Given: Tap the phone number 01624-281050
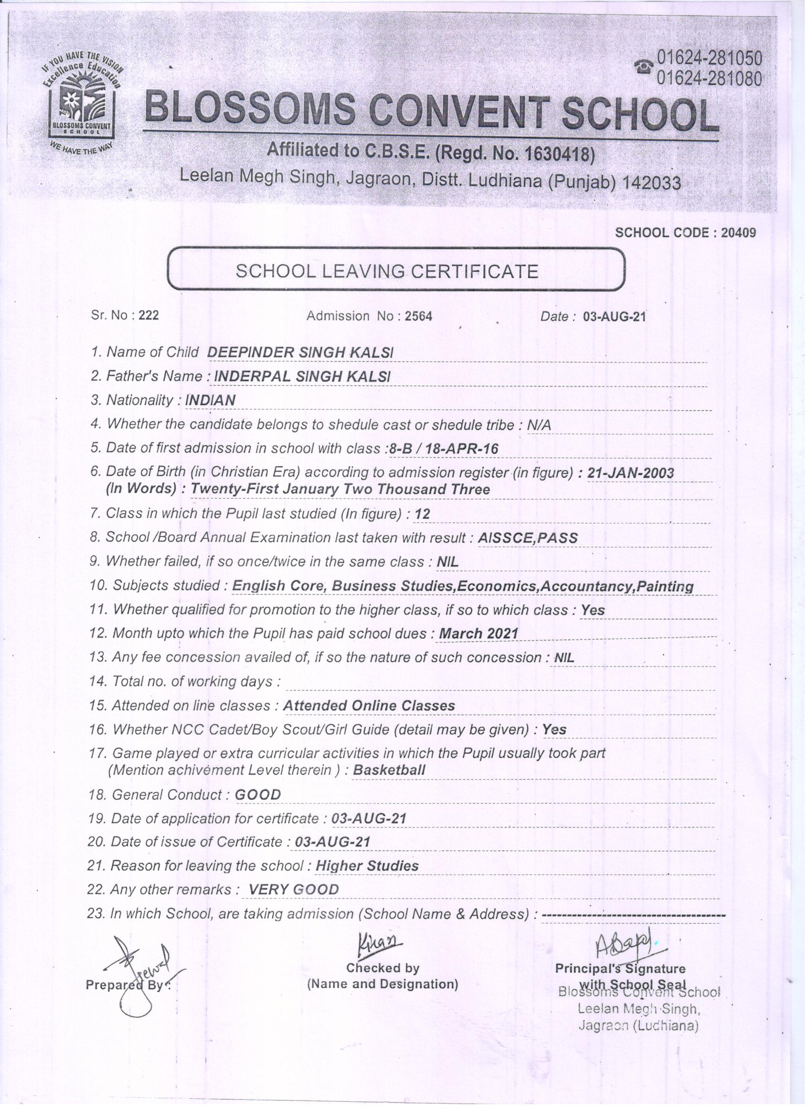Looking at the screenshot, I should [709, 59].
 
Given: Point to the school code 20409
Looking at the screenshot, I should [737, 233].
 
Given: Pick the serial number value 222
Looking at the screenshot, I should [149, 315].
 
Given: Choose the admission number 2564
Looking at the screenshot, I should [418, 316].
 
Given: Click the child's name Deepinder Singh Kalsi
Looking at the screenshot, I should [300, 352].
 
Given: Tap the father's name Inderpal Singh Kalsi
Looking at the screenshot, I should [302, 376].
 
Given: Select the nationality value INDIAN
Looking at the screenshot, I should [210, 400].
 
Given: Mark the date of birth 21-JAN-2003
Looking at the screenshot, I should [630, 473].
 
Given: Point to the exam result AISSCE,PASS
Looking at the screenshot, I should [527, 537].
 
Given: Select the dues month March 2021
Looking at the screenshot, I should [478, 634].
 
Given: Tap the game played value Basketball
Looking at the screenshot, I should [389, 770].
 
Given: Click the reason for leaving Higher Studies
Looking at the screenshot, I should [367, 866].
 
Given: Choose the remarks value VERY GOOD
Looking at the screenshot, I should [293, 890].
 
